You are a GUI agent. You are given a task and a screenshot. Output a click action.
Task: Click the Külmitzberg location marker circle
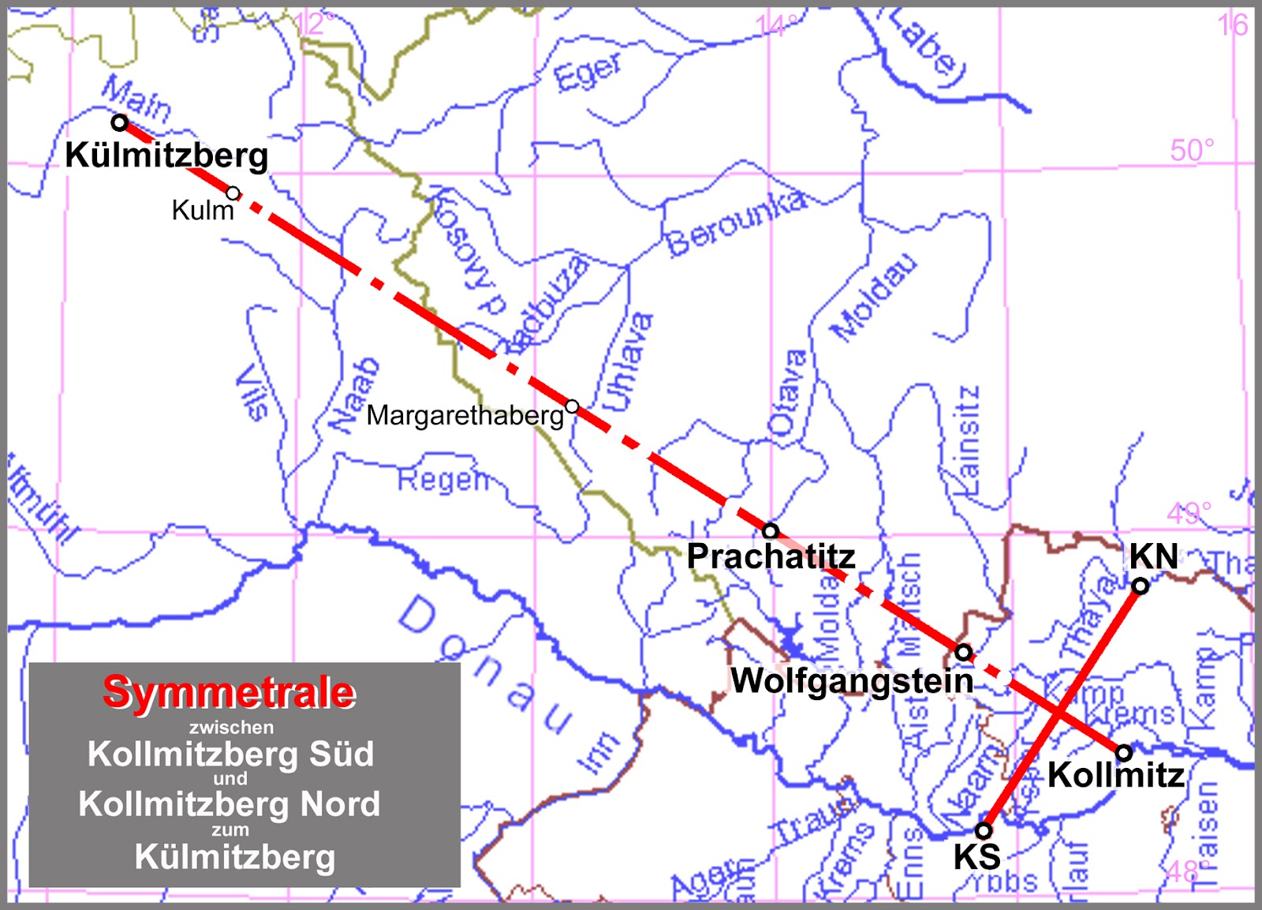tap(120, 122)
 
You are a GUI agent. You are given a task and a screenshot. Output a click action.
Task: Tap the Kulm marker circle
tap(233, 193)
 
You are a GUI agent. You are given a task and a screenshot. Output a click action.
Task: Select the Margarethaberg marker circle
tap(573, 406)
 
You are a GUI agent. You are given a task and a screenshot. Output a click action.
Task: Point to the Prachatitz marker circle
tap(771, 530)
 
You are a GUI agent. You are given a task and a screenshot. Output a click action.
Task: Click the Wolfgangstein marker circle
tap(963, 652)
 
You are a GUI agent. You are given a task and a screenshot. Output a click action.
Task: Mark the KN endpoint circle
tap(1141, 586)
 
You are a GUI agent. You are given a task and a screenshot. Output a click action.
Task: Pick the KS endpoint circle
tap(984, 830)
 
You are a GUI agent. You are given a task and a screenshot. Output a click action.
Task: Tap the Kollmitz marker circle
tap(1124, 751)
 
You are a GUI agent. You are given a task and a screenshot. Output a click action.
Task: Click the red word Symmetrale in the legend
tap(230, 692)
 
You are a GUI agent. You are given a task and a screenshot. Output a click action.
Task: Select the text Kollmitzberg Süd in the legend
tap(230, 754)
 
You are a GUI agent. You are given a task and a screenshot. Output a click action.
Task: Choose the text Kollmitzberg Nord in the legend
tap(230, 804)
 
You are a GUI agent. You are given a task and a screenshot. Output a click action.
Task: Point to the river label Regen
tap(443, 479)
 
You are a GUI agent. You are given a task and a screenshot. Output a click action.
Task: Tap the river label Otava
tap(786, 393)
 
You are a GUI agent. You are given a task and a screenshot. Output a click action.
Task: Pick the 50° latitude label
tap(1191, 150)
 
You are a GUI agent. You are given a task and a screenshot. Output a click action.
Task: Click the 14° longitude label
tap(778, 26)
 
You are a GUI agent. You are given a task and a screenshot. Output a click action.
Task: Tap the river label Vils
tap(252, 391)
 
